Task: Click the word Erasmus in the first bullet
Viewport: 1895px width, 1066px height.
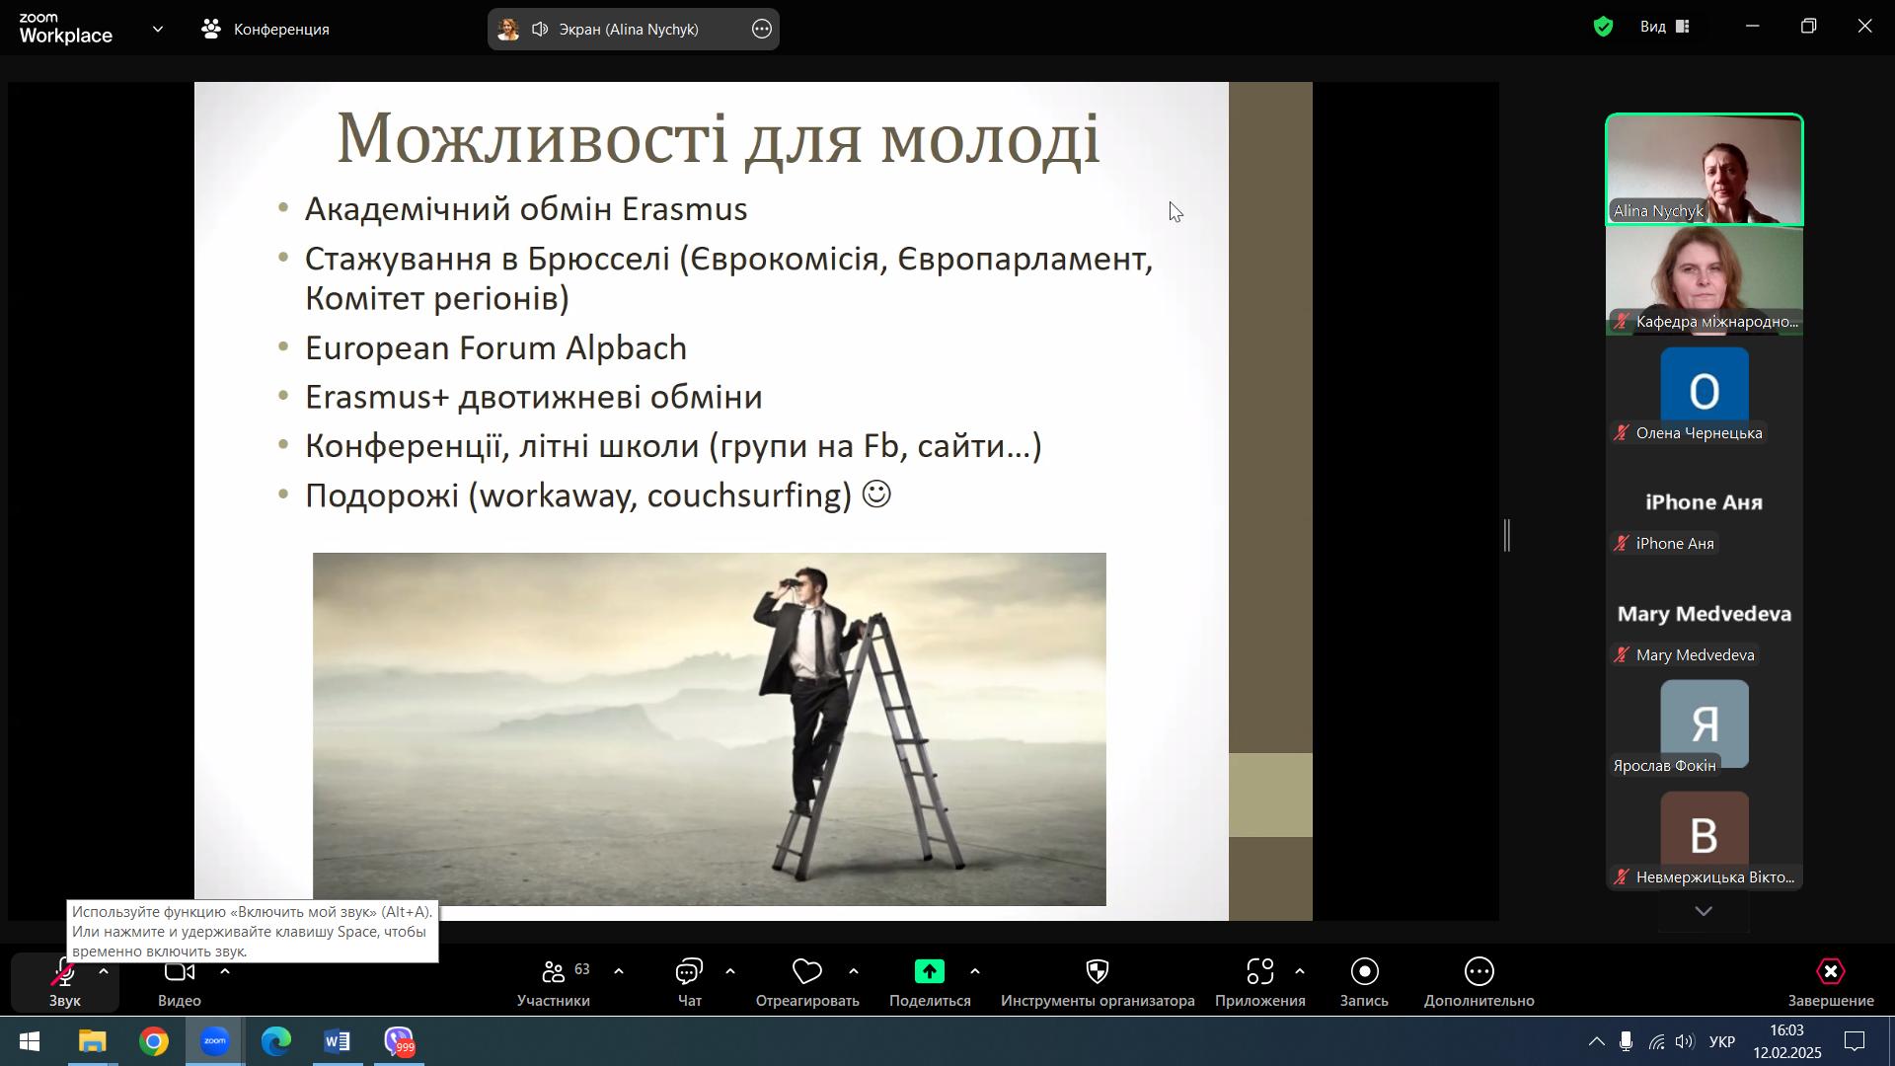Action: [x=684, y=209]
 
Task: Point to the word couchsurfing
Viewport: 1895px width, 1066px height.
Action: [x=749, y=495]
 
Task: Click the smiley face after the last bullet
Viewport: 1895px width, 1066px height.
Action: [x=876, y=494]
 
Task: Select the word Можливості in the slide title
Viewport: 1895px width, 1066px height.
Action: [x=533, y=137]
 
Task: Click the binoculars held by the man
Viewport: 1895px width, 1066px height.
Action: [x=791, y=585]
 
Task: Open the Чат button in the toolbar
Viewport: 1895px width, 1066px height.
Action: [x=689, y=983]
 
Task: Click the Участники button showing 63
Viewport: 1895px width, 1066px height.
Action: [x=554, y=983]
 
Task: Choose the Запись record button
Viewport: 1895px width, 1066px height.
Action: [x=1364, y=983]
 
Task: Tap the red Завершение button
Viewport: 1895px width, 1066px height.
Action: [x=1831, y=983]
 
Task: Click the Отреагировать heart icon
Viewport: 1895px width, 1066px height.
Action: [x=806, y=973]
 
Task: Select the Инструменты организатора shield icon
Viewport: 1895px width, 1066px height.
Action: [x=1098, y=973]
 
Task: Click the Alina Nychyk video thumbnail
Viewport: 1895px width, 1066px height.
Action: [x=1705, y=170]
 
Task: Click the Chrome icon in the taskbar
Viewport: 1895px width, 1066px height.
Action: [x=154, y=1042]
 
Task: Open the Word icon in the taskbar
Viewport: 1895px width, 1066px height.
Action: [x=338, y=1042]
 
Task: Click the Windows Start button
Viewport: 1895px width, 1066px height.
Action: [x=30, y=1042]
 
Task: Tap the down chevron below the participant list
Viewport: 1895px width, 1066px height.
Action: [x=1704, y=912]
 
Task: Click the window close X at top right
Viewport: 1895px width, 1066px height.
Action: [x=1864, y=27]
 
